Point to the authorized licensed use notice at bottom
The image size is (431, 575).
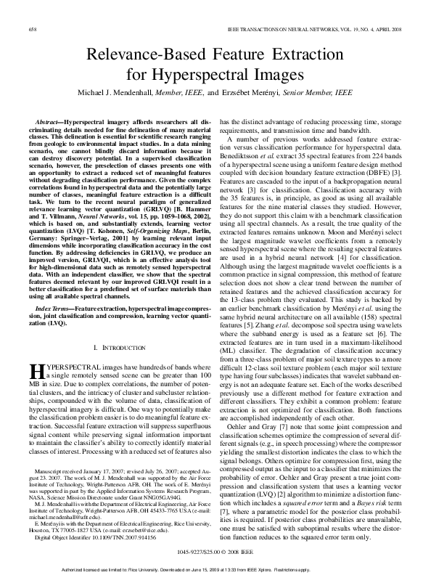tap(215, 568)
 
